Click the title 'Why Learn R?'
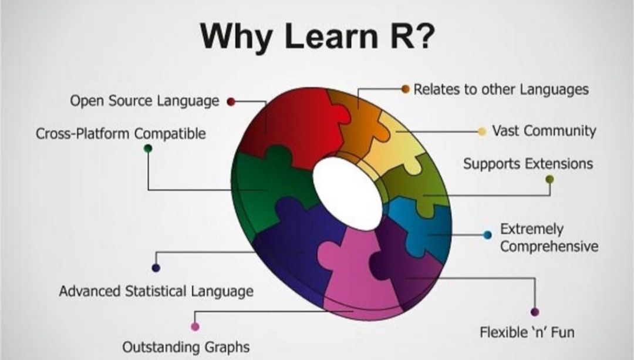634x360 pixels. coord(317,37)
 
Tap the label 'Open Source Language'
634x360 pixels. coord(144,101)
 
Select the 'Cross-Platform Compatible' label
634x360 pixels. coord(121,133)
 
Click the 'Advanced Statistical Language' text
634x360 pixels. coord(156,291)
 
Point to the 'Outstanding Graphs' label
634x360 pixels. coord(186,347)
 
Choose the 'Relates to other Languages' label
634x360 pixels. coord(501,89)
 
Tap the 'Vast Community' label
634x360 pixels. coord(544,130)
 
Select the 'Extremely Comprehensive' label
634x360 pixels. coord(549,237)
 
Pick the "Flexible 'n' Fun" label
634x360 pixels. coord(527,332)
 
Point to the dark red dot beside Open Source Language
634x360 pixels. coord(231,101)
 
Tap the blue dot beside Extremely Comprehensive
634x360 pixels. coord(487,235)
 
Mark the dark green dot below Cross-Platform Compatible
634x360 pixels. coord(148,148)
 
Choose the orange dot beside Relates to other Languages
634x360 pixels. coord(405,89)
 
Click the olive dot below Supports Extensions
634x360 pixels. coord(549,179)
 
